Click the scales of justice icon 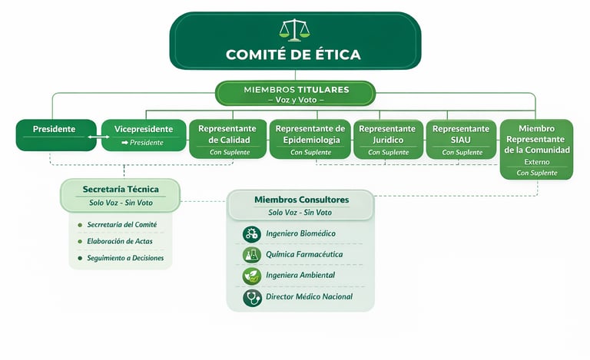coord(295,30)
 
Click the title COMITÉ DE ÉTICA coord(295,54)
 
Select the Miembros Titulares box coord(295,94)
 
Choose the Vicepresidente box coord(144,134)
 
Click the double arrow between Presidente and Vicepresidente coord(95,136)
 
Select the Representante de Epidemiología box coord(310,139)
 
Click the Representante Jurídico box coord(387,139)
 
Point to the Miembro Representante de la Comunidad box coord(536,149)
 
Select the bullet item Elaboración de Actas coord(121,241)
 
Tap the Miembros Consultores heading coord(301,200)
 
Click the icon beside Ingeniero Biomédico coord(251,233)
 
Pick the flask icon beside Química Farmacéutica coord(251,255)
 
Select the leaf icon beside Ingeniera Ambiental coord(251,276)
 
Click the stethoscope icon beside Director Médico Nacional coord(251,297)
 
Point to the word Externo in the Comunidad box coord(536,162)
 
